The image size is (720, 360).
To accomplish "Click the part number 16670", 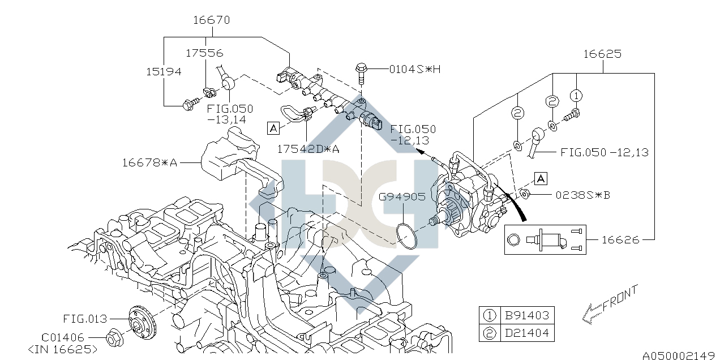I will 211,20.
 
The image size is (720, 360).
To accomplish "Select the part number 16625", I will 602,54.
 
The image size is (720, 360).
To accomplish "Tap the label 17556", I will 204,53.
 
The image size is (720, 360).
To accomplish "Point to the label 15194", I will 164,72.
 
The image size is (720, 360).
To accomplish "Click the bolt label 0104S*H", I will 414,69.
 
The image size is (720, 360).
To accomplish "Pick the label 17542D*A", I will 308,149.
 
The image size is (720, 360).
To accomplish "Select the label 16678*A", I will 150,163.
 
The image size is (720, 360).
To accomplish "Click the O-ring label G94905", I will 402,197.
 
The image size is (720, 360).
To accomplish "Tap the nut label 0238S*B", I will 582,195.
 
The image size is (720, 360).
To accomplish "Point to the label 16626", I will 620,240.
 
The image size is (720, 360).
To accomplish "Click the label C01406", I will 63,337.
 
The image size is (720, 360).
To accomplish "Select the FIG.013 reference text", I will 85,319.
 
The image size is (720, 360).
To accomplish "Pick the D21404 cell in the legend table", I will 526,333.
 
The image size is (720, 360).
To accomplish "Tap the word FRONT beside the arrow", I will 620,299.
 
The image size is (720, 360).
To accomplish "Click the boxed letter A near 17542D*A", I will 274,128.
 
